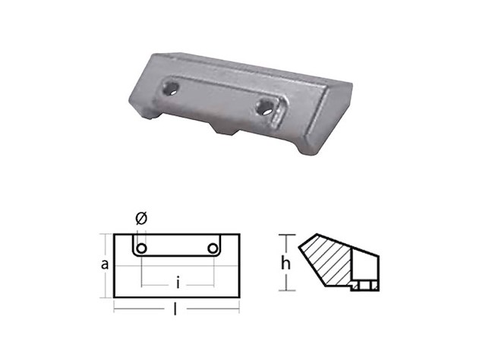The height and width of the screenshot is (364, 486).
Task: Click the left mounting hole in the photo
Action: (171, 89)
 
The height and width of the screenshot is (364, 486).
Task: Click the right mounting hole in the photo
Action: (264, 106)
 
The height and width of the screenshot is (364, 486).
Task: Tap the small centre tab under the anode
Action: (226, 128)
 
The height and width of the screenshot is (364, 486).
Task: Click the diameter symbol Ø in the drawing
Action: (141, 218)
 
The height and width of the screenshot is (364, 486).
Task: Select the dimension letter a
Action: (105, 265)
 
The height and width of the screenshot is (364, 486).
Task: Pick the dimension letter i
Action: (178, 283)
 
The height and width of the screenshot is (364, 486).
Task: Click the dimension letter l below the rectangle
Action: (175, 309)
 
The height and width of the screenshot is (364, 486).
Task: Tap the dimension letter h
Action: (286, 264)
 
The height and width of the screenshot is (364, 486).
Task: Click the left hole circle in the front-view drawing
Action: (142, 248)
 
